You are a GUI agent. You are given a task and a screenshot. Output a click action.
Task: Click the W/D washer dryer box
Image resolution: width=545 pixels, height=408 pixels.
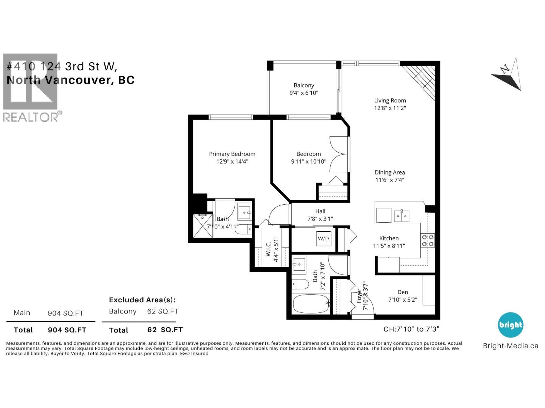pos(323,238)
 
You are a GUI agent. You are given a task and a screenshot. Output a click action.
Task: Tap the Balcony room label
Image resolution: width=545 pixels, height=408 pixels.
pos(304,85)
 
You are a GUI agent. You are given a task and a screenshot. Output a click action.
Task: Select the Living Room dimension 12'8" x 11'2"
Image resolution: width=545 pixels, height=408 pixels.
pos(390,108)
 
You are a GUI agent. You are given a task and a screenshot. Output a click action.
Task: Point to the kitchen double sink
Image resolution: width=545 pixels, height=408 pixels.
pos(402,216)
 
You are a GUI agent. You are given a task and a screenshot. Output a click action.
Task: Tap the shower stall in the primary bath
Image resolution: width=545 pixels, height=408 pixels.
pos(202,226)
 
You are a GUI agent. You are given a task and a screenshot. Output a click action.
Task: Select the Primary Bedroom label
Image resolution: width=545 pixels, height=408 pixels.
pos(232,154)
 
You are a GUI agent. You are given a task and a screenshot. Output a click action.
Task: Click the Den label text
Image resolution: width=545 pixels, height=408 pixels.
pos(403,292)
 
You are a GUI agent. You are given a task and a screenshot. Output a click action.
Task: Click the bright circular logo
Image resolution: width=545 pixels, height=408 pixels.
pos(510,325)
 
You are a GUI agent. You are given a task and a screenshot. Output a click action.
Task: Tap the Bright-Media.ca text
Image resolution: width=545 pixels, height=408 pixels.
pos(510,346)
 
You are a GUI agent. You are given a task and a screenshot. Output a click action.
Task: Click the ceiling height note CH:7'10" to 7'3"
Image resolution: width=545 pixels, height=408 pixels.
pos(411,329)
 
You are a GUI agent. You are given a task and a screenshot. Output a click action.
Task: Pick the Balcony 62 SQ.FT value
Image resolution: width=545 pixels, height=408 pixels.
pos(163,311)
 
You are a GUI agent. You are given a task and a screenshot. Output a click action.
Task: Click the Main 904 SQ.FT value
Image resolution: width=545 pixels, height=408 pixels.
pos(66,313)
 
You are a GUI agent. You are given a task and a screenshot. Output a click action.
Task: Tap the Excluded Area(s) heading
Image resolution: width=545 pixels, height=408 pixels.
pos(142,300)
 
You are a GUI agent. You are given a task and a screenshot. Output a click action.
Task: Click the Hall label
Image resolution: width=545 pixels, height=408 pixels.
pos(320,211)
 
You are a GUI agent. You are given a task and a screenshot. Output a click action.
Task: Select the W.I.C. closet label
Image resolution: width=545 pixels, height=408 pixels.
pos(268,249)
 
